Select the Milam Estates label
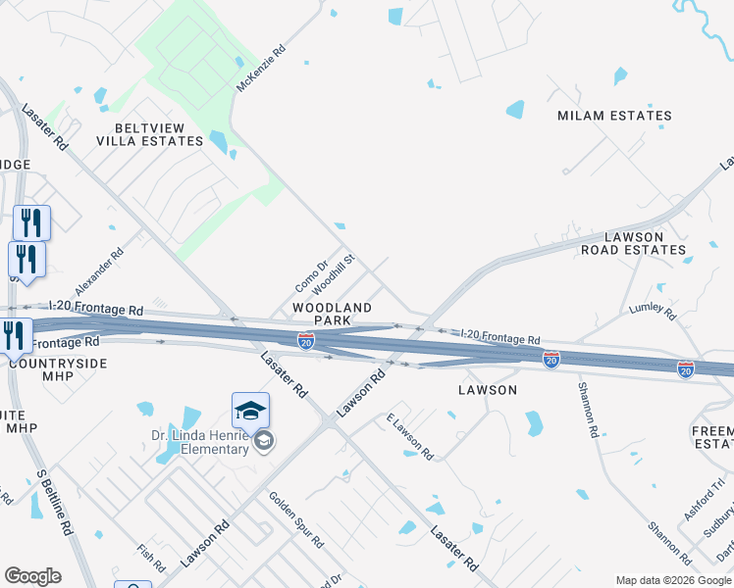pyautogui.click(x=614, y=116)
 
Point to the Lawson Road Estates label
pyautogui.click(x=633, y=243)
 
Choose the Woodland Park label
pyautogui.click(x=332, y=314)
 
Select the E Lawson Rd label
pyautogui.click(x=409, y=436)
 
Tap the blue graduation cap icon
pyautogui.click(x=250, y=410)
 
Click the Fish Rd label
pyautogui.click(x=151, y=558)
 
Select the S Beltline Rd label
pyautogui.click(x=54, y=500)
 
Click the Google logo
pyautogui.click(x=32, y=576)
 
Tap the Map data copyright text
pyautogui.click(x=673, y=580)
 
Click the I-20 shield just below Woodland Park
pyautogui.click(x=306, y=341)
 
